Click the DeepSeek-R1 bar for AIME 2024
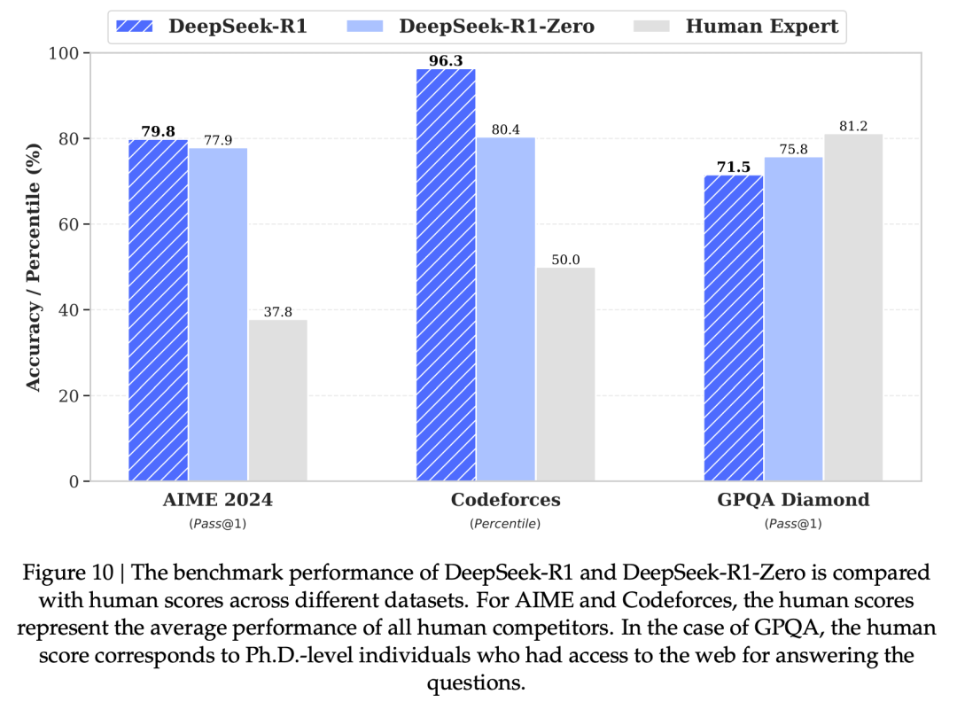[158, 310]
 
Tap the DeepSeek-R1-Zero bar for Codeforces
[505, 309]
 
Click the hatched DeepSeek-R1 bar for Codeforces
[446, 275]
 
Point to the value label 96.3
[446, 59]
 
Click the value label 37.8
[277, 311]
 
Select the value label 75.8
[793, 149]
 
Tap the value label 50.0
[565, 259]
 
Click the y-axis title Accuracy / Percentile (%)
[34, 267]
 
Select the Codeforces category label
[505, 500]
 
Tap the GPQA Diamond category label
[793, 500]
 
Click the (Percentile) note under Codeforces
[505, 524]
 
